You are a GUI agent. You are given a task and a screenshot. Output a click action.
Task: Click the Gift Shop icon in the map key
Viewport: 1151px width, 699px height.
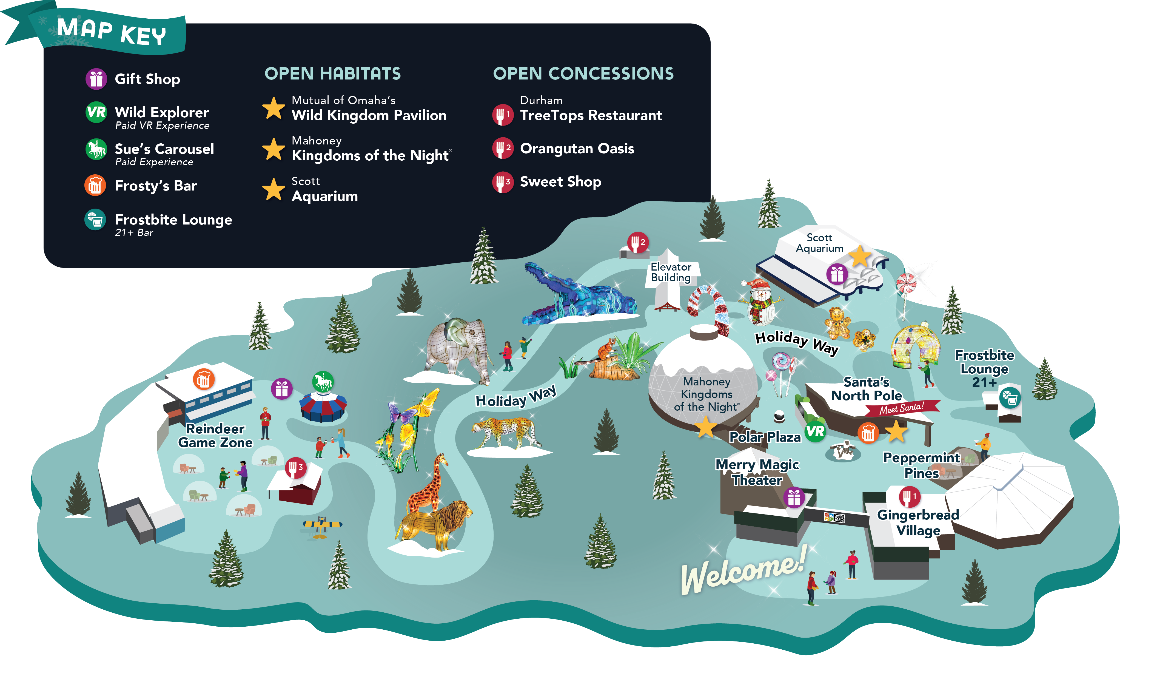(96, 78)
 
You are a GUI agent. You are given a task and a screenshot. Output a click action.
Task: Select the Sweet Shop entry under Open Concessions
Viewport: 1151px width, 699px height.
(560, 182)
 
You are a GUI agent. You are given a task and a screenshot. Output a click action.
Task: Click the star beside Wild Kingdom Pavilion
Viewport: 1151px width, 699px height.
(274, 108)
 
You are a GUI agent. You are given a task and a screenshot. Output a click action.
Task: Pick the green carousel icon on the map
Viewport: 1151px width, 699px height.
(323, 382)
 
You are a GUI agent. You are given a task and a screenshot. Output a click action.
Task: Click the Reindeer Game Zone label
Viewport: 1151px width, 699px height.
(215, 436)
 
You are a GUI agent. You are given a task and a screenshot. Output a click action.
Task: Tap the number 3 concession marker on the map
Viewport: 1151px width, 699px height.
(296, 467)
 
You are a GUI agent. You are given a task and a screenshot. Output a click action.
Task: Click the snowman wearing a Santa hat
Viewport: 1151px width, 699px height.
(760, 301)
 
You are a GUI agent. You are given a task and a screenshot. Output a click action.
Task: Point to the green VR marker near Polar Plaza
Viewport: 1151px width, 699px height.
(815, 431)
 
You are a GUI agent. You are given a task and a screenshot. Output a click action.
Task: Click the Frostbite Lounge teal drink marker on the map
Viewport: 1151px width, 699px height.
(1010, 398)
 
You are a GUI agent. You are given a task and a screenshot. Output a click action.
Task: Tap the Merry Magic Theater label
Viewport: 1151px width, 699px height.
(757, 472)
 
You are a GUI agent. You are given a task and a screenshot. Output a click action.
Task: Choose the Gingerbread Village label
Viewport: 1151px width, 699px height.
(918, 522)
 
